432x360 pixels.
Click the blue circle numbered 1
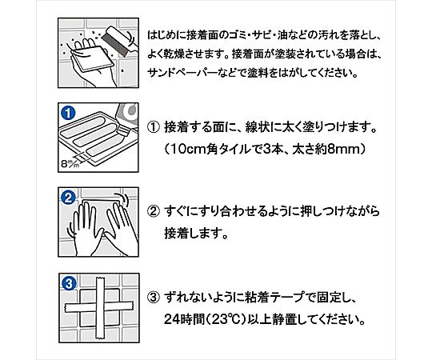(x=68, y=113)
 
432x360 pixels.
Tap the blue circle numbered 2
(x=68, y=198)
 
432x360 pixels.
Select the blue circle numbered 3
(x=69, y=283)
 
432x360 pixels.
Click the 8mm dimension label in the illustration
(x=70, y=164)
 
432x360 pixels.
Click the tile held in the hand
(x=93, y=58)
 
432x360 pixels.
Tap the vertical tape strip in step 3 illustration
(x=100, y=308)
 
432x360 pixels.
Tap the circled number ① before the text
(x=154, y=127)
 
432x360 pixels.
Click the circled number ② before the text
(x=154, y=211)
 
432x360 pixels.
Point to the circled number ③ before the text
(x=154, y=298)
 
